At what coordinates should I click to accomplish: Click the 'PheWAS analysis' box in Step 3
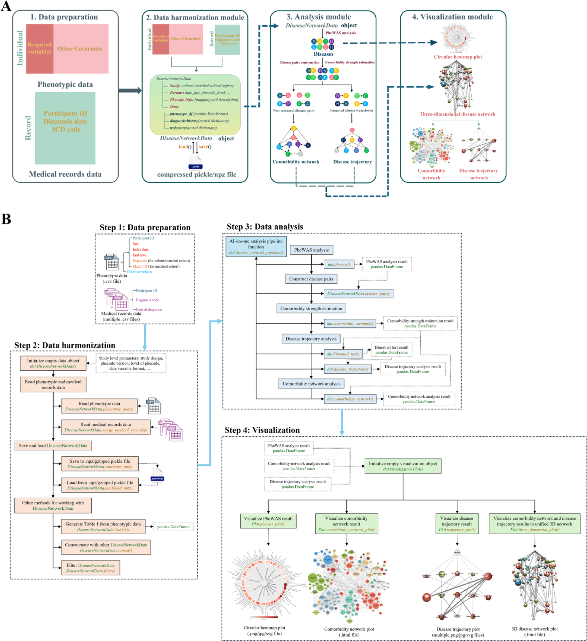pyautogui.click(x=311, y=250)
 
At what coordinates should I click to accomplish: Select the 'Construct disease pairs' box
pyautogui.click(x=311, y=279)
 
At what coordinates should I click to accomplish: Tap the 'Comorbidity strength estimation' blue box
pyautogui.click(x=311, y=308)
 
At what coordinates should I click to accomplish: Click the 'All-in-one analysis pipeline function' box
pyautogui.click(x=256, y=246)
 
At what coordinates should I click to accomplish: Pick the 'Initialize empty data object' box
pyautogui.click(x=53, y=363)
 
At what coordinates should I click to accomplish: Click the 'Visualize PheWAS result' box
pyautogui.click(x=268, y=521)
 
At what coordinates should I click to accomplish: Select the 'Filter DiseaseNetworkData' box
pyautogui.click(x=90, y=568)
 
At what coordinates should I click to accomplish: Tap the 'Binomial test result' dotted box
pyautogui.click(x=391, y=349)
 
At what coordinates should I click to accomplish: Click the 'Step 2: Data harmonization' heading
pyautogui.click(x=65, y=345)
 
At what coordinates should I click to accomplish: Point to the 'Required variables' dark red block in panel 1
pyautogui.click(x=39, y=48)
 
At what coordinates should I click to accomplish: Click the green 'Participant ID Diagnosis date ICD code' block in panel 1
pyautogui.click(x=65, y=128)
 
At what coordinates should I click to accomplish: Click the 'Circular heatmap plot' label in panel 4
pyautogui.click(x=458, y=57)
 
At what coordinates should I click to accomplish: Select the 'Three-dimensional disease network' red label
pyautogui.click(x=457, y=114)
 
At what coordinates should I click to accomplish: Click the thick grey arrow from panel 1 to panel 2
pyautogui.click(x=129, y=91)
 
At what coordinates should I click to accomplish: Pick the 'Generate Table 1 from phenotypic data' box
pyautogui.click(x=103, y=526)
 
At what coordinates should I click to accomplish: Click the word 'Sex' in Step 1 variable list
pyautogui.click(x=135, y=244)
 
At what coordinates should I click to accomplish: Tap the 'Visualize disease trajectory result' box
pyautogui.click(x=456, y=523)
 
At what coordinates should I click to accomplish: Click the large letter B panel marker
pyautogui.click(x=6, y=219)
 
